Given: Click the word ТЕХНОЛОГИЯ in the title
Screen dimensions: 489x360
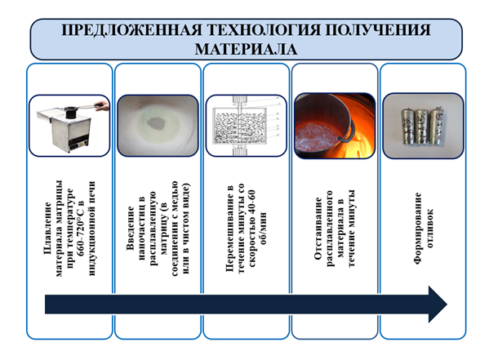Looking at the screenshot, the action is pos(264,30).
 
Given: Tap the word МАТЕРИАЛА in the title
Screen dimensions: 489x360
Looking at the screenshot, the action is pos(246,49).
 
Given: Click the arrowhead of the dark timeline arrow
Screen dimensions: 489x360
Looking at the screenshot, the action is pos(438,304).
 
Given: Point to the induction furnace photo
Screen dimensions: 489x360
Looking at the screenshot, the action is pos(69,126).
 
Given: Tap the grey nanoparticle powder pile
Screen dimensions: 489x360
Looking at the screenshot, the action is pos(158,123).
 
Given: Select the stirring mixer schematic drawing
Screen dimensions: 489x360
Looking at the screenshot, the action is pos(246,126).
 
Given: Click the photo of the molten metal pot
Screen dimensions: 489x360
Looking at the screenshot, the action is pos(335,126).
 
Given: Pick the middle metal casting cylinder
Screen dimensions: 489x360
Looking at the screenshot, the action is pos(422,126).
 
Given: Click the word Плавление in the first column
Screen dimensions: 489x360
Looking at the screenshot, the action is pos(47,229).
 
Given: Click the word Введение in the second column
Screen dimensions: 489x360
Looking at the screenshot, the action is pos(131,228).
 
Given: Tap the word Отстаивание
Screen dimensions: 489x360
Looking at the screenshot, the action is pos(318,229).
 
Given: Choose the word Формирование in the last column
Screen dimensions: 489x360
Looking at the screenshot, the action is pos(418,229).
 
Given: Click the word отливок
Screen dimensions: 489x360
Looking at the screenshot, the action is pos(429,229).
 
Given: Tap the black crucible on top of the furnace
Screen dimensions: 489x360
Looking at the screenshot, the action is pos(71,112).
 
